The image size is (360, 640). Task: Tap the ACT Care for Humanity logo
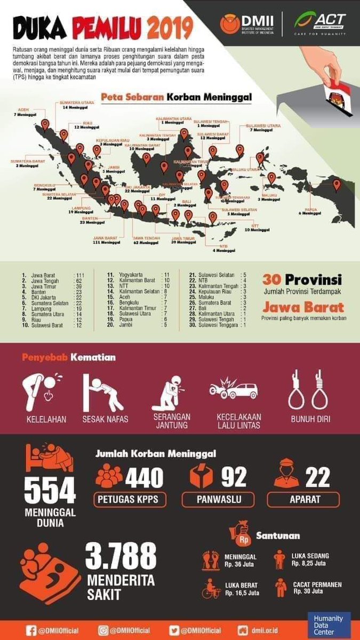point(320,23)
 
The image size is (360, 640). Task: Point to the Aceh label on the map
point(23,112)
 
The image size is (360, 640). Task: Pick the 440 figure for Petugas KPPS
point(144,477)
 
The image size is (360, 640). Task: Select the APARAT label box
point(302,500)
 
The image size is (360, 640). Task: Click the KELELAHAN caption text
point(46,419)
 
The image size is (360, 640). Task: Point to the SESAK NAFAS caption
point(105,419)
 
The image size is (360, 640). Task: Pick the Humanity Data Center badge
point(329,625)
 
